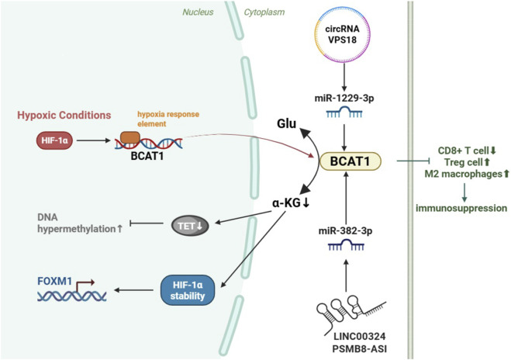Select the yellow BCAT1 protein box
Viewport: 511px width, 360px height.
[350, 161]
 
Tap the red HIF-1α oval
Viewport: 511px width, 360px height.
[54, 140]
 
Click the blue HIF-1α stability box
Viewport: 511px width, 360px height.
[188, 290]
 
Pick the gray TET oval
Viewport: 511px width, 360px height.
[190, 225]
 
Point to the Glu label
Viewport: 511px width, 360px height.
[286, 123]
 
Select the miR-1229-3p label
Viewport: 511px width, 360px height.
[344, 98]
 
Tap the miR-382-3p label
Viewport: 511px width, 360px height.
[345, 231]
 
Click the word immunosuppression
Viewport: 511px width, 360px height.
[461, 208]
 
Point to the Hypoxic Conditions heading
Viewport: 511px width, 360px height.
[64, 115]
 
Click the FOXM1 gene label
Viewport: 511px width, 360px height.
[54, 281]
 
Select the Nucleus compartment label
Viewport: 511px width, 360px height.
[198, 12]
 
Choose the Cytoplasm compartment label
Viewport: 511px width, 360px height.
[264, 12]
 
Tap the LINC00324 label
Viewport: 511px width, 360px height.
[360, 336]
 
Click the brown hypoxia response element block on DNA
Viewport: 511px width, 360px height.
[130, 137]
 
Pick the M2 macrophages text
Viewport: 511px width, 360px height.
[463, 174]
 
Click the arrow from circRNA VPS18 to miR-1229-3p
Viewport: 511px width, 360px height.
[344, 78]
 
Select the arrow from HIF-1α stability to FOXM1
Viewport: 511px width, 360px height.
[133, 290]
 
